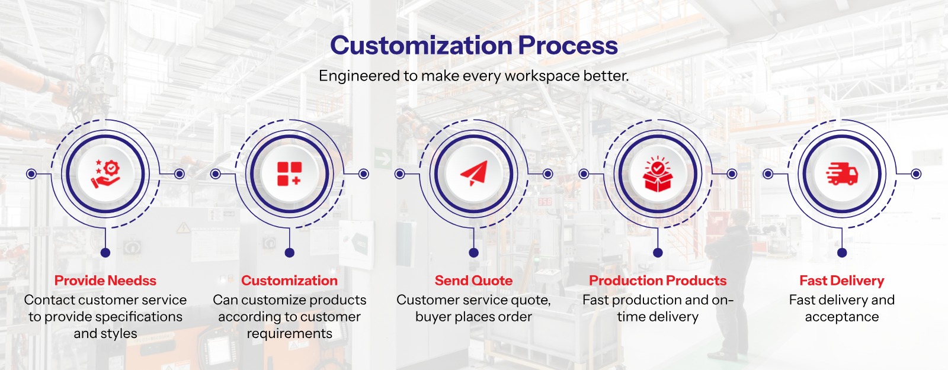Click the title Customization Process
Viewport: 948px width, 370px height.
coord(474,46)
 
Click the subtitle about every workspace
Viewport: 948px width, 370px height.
coord(474,76)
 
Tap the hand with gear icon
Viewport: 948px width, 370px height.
coord(105,174)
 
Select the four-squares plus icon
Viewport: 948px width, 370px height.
coord(290,174)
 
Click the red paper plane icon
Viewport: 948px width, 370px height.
coord(474,173)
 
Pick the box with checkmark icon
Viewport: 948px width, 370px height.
coord(658,174)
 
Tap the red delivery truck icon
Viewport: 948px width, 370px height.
coord(842,174)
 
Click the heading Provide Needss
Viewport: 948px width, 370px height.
coord(105,281)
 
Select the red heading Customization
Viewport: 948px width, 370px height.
coord(290,281)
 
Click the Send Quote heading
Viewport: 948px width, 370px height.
coord(474,281)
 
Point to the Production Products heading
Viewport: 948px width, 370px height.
coord(658,281)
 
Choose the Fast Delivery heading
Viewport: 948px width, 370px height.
coord(842,281)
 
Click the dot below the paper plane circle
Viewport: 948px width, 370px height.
coord(474,253)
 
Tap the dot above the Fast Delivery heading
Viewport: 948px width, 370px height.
coord(842,253)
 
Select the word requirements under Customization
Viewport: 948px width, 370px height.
coord(290,334)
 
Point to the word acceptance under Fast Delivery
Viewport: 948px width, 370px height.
coord(842,317)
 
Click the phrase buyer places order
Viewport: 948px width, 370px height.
coord(474,317)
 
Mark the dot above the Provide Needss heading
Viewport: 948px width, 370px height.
coord(105,253)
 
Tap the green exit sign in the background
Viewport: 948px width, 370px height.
coord(383,158)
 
